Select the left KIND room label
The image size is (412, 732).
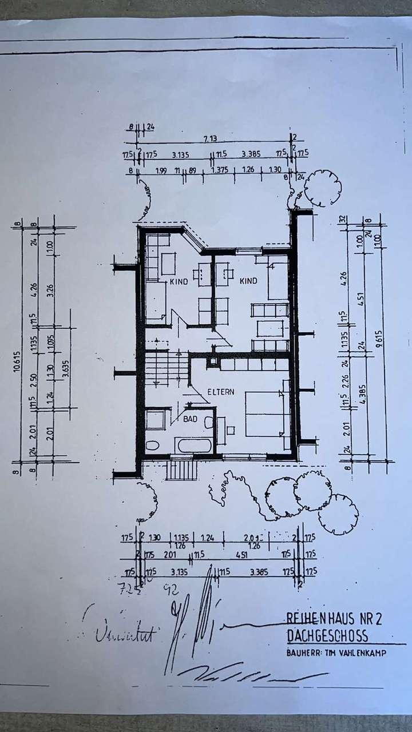pyautogui.click(x=179, y=282)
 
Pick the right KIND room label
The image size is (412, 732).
pyautogui.click(x=248, y=281)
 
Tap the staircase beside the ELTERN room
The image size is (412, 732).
pyautogui.click(x=166, y=369)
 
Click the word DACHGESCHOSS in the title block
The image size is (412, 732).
pyautogui.click(x=326, y=636)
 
